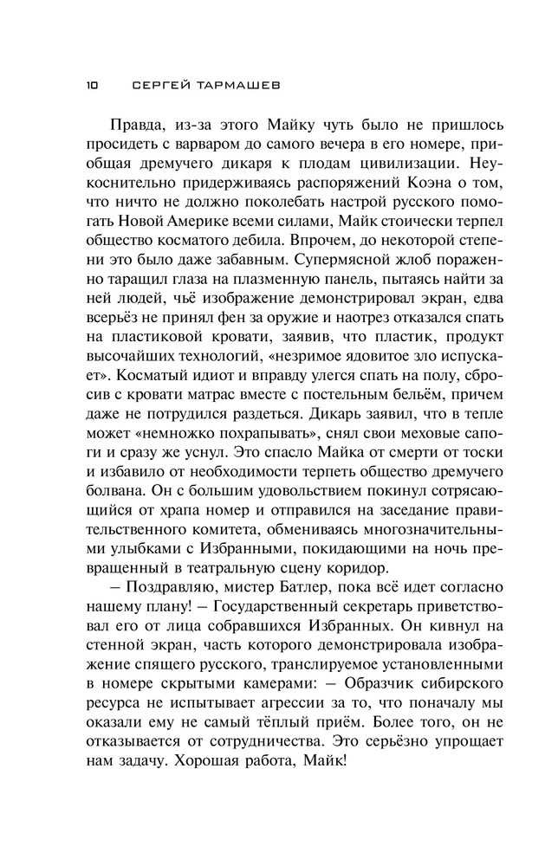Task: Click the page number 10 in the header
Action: tap(93, 86)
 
